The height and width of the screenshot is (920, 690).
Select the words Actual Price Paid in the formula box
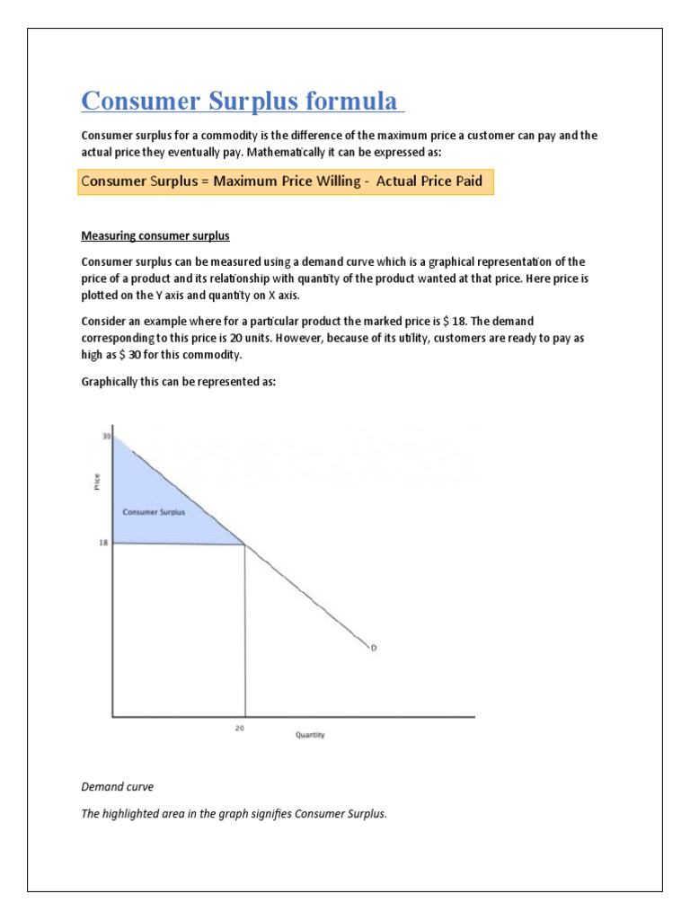click(429, 181)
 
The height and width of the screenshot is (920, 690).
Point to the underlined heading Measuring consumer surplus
click(155, 235)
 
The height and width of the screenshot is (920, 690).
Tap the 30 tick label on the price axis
click(105, 437)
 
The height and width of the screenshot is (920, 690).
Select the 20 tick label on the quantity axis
click(239, 729)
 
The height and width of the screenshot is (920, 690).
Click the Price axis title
click(96, 482)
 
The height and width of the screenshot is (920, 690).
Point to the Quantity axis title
click(310, 735)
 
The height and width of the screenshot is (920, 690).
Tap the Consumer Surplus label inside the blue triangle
click(154, 512)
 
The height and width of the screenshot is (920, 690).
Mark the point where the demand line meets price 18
click(245, 544)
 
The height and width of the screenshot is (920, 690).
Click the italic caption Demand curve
click(117, 786)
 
